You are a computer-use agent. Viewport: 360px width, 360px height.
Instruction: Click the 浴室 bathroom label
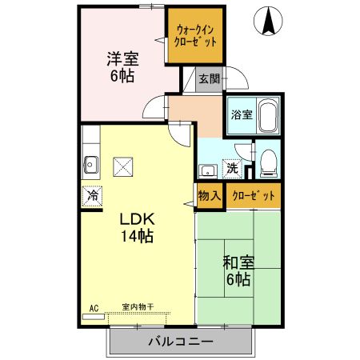click(x=240, y=114)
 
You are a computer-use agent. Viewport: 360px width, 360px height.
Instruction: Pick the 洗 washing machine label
click(x=231, y=169)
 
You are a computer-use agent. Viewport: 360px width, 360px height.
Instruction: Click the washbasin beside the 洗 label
click(x=206, y=169)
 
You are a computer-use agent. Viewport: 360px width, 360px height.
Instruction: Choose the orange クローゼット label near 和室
click(x=252, y=195)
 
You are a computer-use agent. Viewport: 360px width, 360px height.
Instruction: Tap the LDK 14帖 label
click(x=137, y=227)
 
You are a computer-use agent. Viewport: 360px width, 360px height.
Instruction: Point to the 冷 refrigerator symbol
click(x=92, y=195)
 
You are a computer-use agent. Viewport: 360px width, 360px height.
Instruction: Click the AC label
click(x=93, y=307)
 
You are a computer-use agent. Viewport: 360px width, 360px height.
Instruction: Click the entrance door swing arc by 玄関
click(x=238, y=82)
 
